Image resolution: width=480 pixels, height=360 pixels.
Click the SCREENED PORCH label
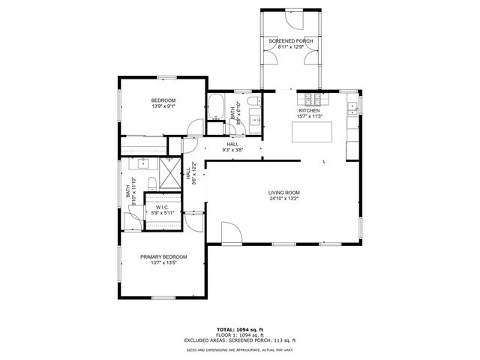(x=290, y=40)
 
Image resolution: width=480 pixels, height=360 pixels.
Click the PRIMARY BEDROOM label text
(x=163, y=256)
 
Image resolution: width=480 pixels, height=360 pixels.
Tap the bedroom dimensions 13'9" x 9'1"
(x=163, y=107)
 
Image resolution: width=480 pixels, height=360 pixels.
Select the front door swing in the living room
(x=231, y=233)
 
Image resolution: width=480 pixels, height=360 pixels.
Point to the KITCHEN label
(x=310, y=110)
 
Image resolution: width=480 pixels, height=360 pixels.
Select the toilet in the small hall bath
(x=254, y=101)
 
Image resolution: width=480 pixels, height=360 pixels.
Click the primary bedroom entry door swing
(x=193, y=219)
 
